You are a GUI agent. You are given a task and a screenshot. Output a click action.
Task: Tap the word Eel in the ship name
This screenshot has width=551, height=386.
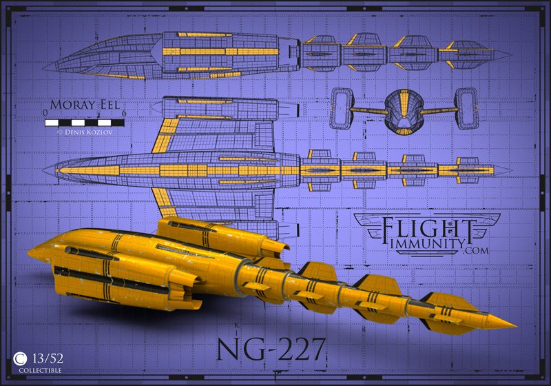(x=105, y=108)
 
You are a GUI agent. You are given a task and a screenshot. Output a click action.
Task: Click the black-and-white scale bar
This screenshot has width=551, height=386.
(x=84, y=122)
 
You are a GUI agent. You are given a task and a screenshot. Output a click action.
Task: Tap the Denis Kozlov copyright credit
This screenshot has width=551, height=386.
(x=84, y=130)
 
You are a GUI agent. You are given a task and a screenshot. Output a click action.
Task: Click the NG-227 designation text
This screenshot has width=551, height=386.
(x=271, y=348)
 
